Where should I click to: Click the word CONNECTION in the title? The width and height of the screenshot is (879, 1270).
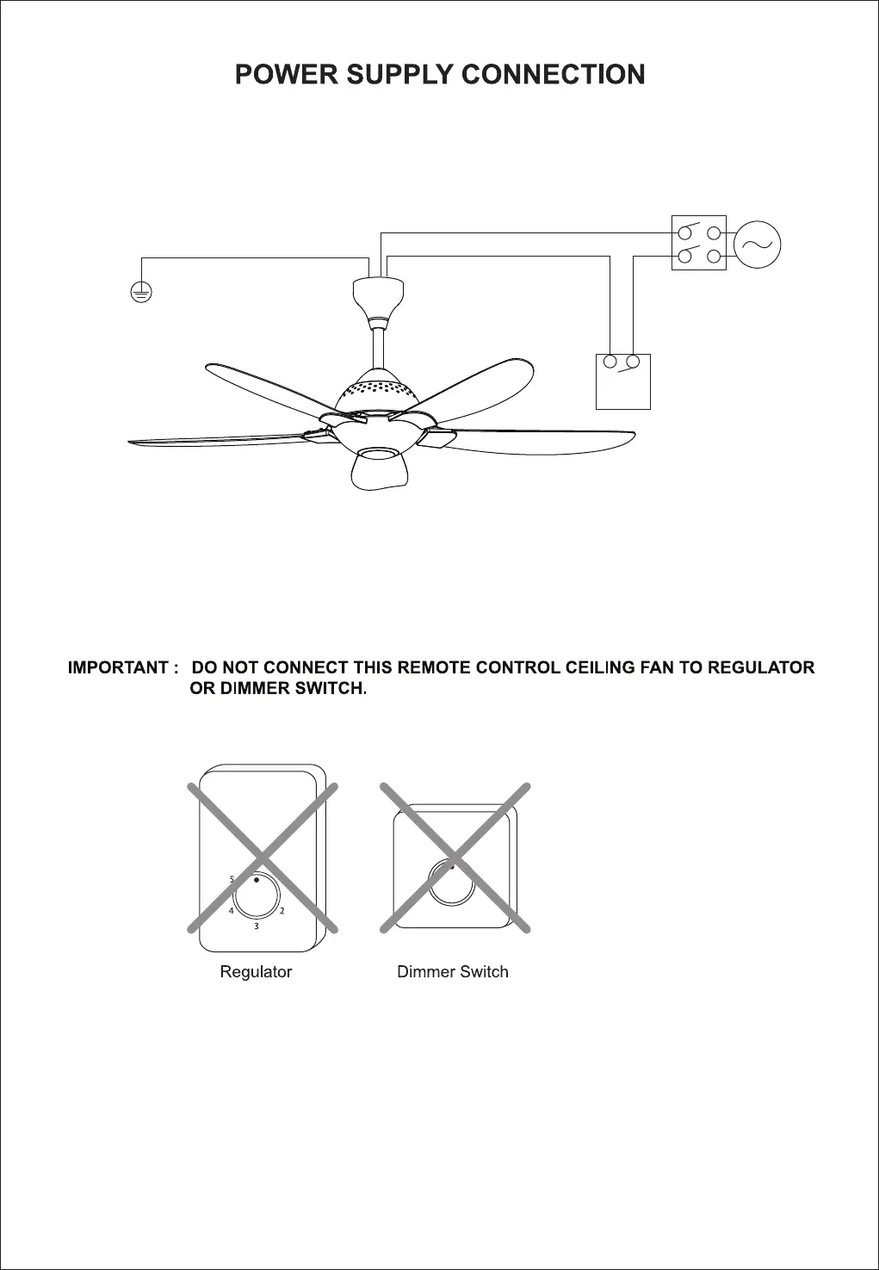click(x=554, y=75)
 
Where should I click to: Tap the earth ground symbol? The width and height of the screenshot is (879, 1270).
click(x=141, y=293)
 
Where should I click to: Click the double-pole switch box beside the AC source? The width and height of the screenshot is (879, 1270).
click(x=698, y=244)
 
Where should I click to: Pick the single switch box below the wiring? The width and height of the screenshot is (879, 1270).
click(x=623, y=381)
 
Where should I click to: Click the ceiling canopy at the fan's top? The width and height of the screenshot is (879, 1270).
click(x=379, y=297)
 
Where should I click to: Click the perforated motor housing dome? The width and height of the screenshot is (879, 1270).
click(x=379, y=392)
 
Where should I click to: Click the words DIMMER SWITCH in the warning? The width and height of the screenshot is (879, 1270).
click(x=277, y=690)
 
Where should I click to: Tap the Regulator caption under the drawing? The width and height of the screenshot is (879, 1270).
click(x=256, y=972)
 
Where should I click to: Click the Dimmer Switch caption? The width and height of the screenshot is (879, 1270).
click(x=453, y=972)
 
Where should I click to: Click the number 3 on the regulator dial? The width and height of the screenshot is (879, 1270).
click(x=256, y=926)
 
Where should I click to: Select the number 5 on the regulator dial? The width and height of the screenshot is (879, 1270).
click(x=232, y=879)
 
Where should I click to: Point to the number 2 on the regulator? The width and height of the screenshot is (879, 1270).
click(x=282, y=911)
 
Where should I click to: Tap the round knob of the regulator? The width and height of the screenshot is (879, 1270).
click(x=257, y=897)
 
